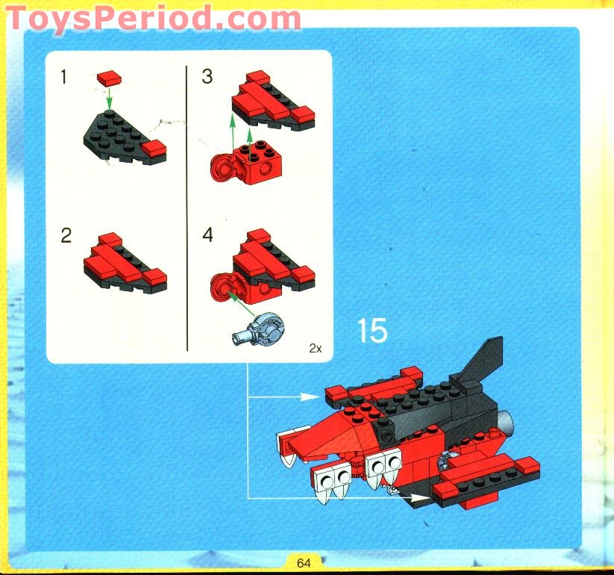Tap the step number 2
66,236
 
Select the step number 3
207,76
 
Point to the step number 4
207,236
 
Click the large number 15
372,331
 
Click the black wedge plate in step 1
119,134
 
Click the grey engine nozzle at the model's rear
507,425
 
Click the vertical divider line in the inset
186,209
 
